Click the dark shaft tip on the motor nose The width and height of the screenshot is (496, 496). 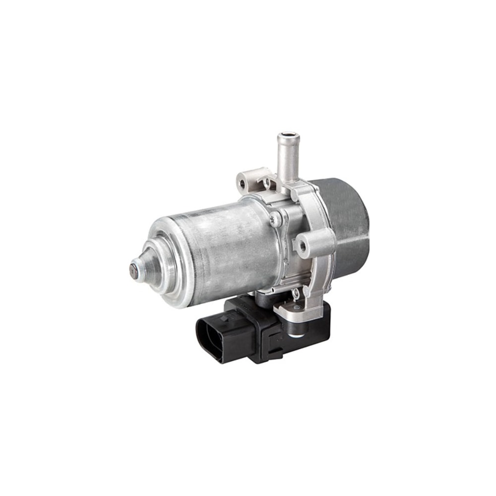point(134,271)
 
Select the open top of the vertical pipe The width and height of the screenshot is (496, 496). point(289,135)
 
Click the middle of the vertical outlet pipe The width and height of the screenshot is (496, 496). point(288,159)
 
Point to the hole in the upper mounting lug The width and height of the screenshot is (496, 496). point(243,183)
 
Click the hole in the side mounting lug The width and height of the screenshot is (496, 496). point(300,244)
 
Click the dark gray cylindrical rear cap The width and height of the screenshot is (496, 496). point(347,218)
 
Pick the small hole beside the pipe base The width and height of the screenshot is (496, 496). point(267,182)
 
